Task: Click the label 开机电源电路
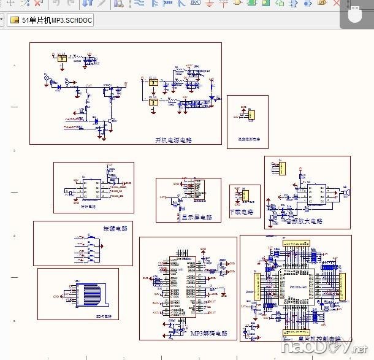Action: click(174, 140)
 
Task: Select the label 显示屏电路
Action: click(196, 218)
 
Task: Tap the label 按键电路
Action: click(115, 229)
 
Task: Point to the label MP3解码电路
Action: click(208, 334)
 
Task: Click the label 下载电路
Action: click(241, 212)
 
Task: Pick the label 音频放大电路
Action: click(303, 221)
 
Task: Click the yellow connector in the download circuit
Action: click(245, 196)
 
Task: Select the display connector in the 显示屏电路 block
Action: click(198, 190)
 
